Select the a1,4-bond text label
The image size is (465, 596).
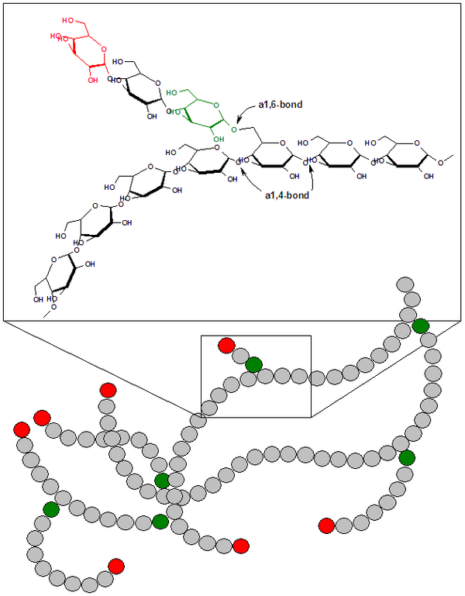pos(284,195)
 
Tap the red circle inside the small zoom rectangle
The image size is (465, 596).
pos(226,345)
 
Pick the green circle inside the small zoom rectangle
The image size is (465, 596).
pos(253,364)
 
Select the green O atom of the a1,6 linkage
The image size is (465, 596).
pos(233,129)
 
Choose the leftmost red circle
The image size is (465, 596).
pos(22,429)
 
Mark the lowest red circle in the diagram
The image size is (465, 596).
pos(116,565)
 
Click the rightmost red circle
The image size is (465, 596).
pos(326,526)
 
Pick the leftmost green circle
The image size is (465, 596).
pos(51,509)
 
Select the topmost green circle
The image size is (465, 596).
pos(421,326)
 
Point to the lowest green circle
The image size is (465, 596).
pos(160,521)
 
